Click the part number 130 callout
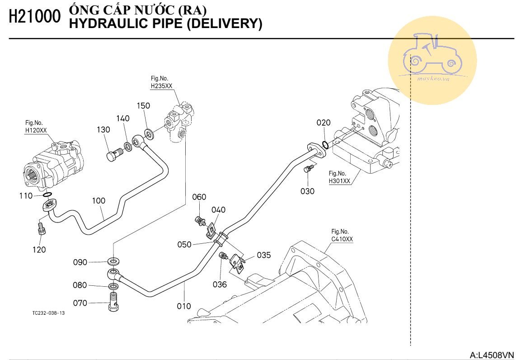[103, 130]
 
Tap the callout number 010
[184, 306]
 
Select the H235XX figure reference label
[162, 86]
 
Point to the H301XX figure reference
[339, 181]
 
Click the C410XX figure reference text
[342, 239]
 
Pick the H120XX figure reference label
[36, 131]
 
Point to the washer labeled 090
[113, 261]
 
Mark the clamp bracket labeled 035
[238, 264]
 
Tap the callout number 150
[143, 106]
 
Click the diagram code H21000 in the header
[34, 17]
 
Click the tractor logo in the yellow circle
[432, 56]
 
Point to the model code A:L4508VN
[492, 355]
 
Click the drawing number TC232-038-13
[48, 313]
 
